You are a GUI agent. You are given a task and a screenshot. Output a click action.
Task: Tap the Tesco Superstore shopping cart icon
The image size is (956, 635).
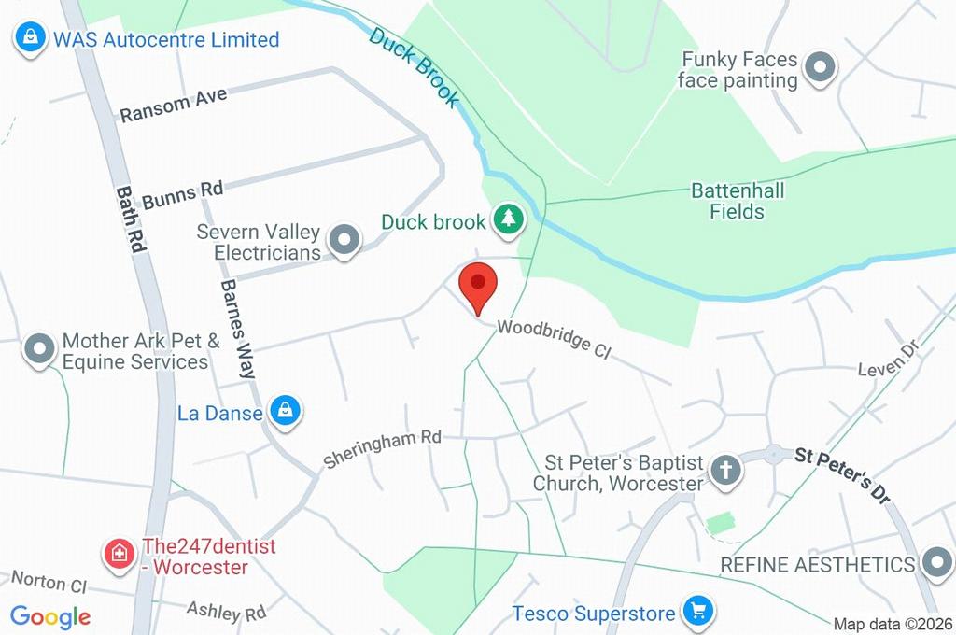pos(696,612)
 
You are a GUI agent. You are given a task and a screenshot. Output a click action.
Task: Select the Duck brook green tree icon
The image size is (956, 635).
pos(509,220)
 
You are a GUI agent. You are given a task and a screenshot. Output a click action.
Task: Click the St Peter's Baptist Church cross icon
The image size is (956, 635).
pos(725,471)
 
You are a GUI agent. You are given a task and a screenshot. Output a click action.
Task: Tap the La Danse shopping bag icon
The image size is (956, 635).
pos(285,410)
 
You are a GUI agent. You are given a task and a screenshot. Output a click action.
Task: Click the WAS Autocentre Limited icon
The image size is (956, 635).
pos(30,38)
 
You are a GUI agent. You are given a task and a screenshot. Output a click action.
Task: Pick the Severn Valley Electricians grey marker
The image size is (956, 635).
pos(346,240)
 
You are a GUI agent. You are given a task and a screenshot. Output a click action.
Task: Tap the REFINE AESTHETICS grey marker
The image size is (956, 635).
pos(935,563)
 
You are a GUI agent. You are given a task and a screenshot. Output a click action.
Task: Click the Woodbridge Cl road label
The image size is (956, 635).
pos(553,338)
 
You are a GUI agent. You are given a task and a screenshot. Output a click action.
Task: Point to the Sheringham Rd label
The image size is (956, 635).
pos(382,448)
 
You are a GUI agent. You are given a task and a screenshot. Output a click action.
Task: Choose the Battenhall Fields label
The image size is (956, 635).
pos(738,201)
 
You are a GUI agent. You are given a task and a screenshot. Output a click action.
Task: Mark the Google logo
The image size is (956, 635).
pos(50,616)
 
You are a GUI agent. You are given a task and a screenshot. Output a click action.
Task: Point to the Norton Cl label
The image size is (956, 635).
pos(49,583)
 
